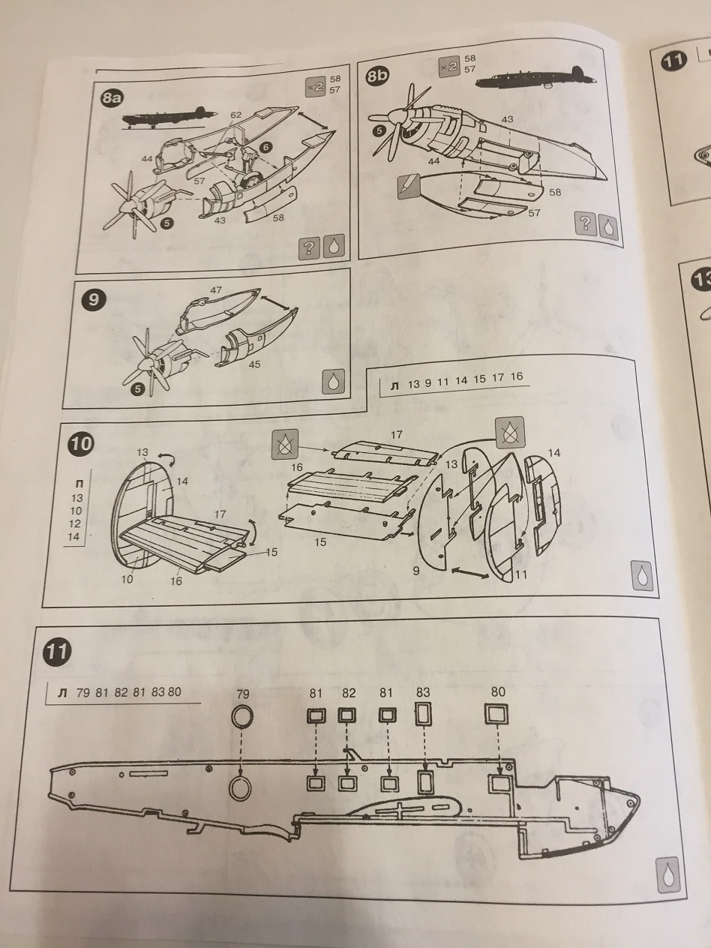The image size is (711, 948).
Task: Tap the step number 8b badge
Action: click(376, 76)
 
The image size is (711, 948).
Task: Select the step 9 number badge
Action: click(93, 300)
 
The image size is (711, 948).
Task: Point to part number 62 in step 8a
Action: click(235, 115)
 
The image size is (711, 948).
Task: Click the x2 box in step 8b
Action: click(449, 67)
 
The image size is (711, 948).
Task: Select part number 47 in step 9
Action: click(216, 289)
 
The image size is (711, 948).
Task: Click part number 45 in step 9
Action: click(255, 364)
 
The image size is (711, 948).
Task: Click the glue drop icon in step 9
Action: click(333, 382)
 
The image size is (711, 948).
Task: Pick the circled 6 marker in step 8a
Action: click(266, 148)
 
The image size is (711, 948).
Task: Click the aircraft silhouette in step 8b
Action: click(535, 79)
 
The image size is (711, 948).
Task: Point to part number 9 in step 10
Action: click(415, 571)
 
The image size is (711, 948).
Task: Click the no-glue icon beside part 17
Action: click(285, 444)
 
